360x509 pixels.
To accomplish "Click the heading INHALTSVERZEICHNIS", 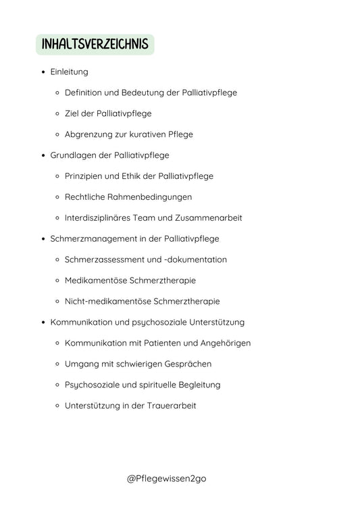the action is pyautogui.click(x=95, y=45).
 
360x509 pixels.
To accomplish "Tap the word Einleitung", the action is pyautogui.click(x=69, y=72).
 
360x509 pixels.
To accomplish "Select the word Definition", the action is pyautogui.click(x=85, y=92).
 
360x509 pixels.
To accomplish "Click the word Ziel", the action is pyautogui.click(x=72, y=113).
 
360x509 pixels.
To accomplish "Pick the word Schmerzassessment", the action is pyautogui.click(x=103, y=260).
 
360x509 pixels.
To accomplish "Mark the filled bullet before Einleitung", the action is pyautogui.click(x=43, y=72).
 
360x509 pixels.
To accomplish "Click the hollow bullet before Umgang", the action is pyautogui.click(x=58, y=364).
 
